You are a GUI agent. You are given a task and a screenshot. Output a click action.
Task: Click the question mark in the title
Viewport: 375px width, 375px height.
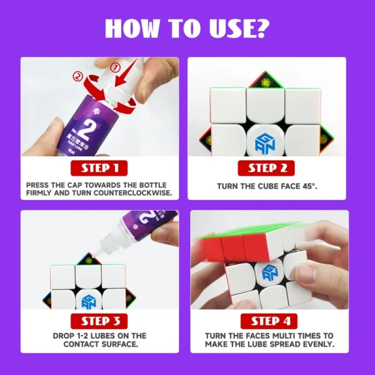coord(260,28)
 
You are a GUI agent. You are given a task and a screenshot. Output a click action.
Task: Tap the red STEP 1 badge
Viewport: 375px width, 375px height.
coord(99,168)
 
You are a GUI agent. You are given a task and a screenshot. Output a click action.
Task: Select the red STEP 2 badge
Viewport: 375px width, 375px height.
coord(266,168)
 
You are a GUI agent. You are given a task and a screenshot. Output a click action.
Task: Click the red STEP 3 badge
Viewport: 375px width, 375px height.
coord(99,321)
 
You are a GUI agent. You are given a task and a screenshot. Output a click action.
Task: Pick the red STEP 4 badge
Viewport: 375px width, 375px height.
coord(269,321)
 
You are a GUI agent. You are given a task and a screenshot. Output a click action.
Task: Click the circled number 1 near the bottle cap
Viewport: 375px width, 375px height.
coord(115,68)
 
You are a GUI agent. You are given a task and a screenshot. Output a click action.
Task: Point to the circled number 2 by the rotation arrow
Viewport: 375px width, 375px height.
coord(77,77)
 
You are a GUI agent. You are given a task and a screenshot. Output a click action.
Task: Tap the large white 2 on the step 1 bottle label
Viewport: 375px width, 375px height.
coord(84,129)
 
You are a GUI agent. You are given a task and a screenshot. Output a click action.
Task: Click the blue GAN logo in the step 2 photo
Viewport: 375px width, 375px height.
coord(265,143)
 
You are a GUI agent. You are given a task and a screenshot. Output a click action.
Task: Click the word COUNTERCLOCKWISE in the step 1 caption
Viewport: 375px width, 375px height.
coord(132,193)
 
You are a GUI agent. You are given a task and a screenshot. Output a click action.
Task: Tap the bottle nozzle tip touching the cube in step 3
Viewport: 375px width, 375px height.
coord(92,256)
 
